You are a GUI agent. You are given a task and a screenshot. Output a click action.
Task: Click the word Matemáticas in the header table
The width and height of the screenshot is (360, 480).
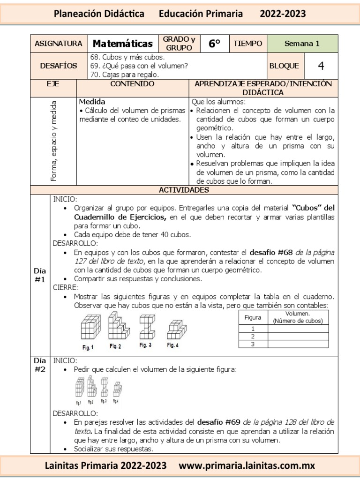tap(123, 44)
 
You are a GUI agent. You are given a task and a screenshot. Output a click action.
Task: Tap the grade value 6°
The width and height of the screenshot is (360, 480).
tap(214, 44)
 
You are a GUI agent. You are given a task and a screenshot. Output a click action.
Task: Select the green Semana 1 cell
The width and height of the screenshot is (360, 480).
tap(302, 44)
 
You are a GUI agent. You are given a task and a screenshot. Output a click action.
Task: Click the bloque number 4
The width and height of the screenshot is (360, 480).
tap(321, 66)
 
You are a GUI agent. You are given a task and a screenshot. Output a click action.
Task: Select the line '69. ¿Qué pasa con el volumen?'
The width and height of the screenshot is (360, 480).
tap(139, 66)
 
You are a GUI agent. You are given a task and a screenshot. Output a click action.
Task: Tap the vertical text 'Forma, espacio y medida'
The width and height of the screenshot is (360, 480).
tap(53, 141)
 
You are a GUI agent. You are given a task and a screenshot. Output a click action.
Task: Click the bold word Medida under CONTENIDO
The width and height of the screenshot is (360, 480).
tap(92, 101)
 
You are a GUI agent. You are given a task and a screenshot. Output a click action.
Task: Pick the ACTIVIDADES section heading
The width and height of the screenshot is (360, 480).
tap(184, 190)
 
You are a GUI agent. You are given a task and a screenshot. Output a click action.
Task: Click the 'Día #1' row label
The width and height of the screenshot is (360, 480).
tap(40, 275)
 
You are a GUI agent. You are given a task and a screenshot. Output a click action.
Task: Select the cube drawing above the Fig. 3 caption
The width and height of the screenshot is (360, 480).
tap(145, 325)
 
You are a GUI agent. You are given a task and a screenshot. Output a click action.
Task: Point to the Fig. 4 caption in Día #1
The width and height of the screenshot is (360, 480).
tap(173, 345)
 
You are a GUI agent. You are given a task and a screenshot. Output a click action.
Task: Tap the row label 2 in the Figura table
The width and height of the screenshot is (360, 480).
tap(253, 336)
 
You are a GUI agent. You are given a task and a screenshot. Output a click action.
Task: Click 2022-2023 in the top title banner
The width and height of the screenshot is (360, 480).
tap(283, 14)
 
